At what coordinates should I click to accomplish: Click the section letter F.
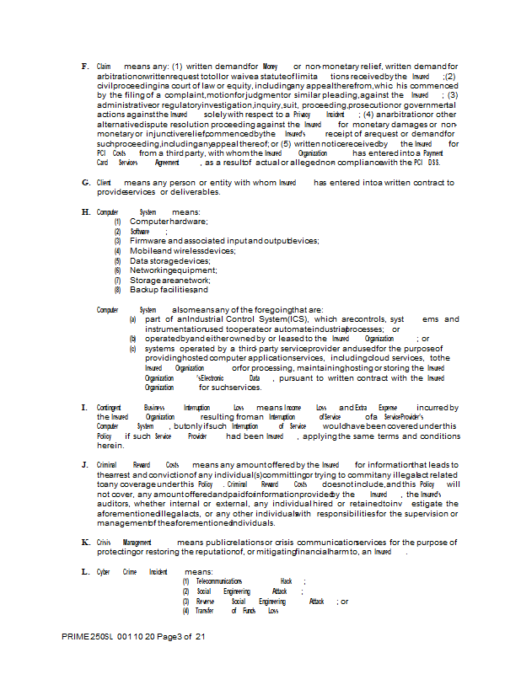coord(84,66)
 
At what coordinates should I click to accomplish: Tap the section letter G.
coord(85,183)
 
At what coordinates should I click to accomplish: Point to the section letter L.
coord(85,572)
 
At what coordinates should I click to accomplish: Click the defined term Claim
coord(105,66)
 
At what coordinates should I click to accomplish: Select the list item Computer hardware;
coord(169,222)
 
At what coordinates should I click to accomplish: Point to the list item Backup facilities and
coord(169,290)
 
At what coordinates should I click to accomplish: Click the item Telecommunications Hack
coord(244,581)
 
